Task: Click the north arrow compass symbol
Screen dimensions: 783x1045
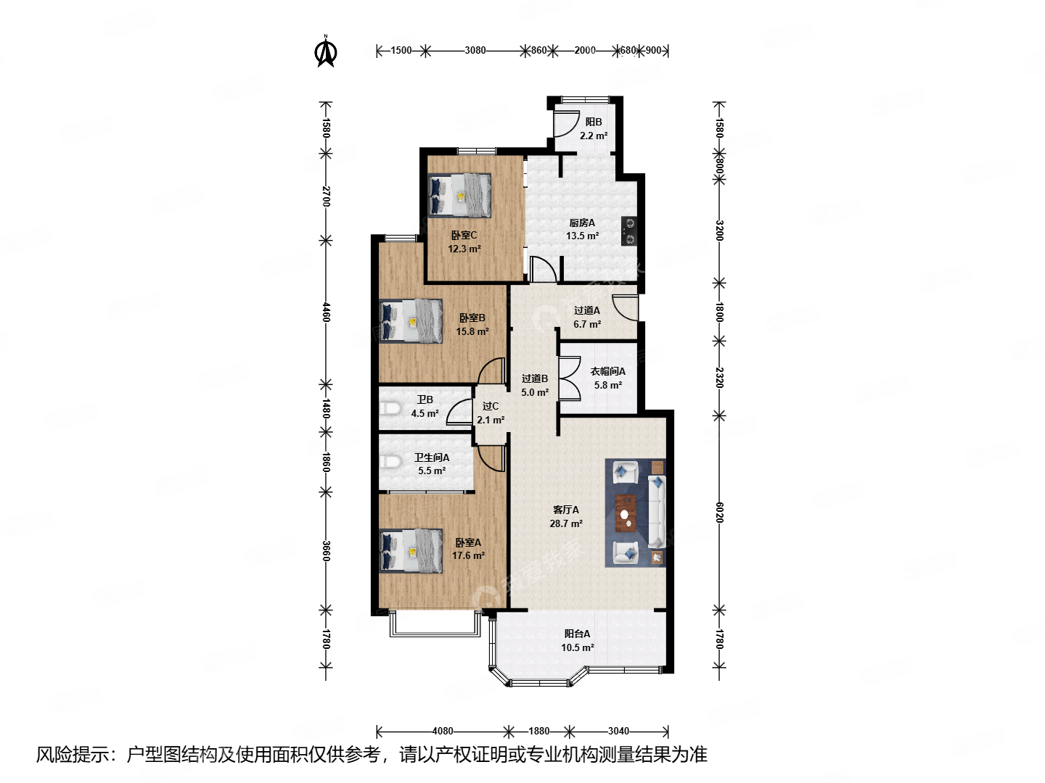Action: pyautogui.click(x=326, y=52)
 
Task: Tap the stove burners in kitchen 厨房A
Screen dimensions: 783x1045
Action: pyautogui.click(x=629, y=231)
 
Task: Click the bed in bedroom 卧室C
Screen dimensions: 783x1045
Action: pyautogui.click(x=460, y=195)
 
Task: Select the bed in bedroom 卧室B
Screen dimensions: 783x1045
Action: pyautogui.click(x=411, y=320)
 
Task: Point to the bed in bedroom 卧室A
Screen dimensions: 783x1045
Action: pyautogui.click(x=411, y=551)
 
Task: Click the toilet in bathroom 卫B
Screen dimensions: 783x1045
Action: pyautogui.click(x=390, y=409)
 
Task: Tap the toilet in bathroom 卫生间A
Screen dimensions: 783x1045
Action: pyautogui.click(x=390, y=462)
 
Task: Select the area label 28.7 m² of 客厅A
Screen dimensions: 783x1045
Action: pyautogui.click(x=566, y=523)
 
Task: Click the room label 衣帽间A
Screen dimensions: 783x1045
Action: pyautogui.click(x=607, y=371)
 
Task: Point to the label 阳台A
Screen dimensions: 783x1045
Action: pyautogui.click(x=577, y=634)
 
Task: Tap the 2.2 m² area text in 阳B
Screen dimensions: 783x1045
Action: pyautogui.click(x=594, y=136)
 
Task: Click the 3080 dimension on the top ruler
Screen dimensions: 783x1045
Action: pyautogui.click(x=475, y=51)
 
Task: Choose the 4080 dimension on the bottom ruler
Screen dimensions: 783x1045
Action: pyautogui.click(x=443, y=731)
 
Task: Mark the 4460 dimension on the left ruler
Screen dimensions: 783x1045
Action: pyautogui.click(x=326, y=312)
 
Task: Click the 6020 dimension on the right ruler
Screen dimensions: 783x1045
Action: pyautogui.click(x=719, y=512)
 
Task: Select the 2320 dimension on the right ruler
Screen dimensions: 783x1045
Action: pyautogui.click(x=719, y=377)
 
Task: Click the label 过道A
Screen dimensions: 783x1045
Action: pyautogui.click(x=587, y=310)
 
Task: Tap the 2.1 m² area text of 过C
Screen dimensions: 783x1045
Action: pyautogui.click(x=491, y=420)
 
